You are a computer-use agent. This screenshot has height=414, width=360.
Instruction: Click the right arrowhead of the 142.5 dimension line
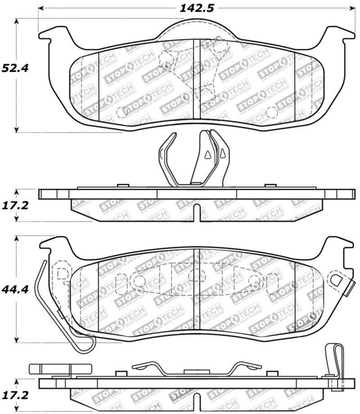pyautogui.click(x=351, y=8)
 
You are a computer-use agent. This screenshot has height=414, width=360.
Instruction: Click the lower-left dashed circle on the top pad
pyautogui.click(x=121, y=112)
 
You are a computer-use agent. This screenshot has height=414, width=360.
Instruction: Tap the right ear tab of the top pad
pyautogui.click(x=342, y=34)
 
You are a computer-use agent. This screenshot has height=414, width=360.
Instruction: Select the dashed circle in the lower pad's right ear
pyautogui.click(x=336, y=279)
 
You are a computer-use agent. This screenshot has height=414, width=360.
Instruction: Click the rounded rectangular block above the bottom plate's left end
pyautogui.click(x=49, y=368)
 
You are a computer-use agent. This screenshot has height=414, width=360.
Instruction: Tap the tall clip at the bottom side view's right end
pyautogui.click(x=333, y=360)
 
